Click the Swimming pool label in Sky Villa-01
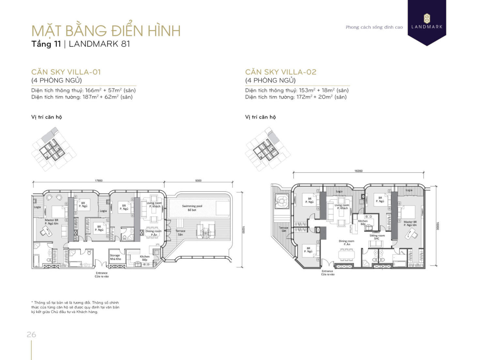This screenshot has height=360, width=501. (192, 208)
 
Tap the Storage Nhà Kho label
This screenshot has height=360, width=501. (115, 257)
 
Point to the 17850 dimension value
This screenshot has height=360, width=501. (99, 181)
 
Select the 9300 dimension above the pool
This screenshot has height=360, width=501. (198, 181)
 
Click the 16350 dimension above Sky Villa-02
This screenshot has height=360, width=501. (358, 171)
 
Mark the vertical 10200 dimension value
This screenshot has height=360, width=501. (243, 230)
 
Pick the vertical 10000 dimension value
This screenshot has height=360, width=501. (438, 226)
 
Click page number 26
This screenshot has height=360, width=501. (31, 335)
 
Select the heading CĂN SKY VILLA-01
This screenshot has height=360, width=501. (66, 72)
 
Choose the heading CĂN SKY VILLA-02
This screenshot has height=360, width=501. (281, 72)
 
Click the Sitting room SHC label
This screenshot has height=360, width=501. (377, 237)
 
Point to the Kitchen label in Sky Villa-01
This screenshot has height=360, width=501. (144, 258)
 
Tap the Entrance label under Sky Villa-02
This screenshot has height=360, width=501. (327, 273)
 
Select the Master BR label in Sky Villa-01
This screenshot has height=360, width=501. (52, 222)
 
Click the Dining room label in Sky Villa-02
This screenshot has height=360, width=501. (346, 243)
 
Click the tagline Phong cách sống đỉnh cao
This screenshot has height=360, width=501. (374, 27)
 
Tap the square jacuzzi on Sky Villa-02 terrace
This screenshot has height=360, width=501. (281, 201)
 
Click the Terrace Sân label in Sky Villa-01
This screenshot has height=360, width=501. (180, 232)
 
